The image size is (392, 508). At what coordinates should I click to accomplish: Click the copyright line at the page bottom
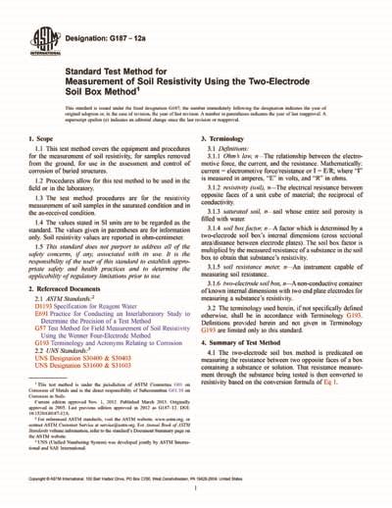click(x=196, y=499)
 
